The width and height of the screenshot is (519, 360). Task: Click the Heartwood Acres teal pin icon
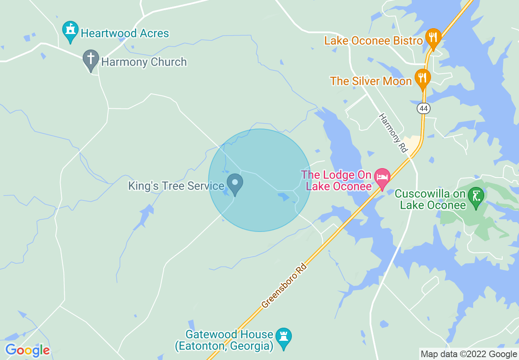pos(70,31)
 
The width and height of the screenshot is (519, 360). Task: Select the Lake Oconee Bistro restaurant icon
pos(433,38)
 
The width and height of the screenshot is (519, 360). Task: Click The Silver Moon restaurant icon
pos(422,78)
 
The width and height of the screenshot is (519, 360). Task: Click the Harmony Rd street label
pos(393,133)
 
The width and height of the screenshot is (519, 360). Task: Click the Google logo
pos(27,350)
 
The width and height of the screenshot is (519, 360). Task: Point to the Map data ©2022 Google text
pos(469,354)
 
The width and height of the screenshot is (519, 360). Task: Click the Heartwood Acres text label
pos(125,33)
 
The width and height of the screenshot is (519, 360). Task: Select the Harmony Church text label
pos(144,62)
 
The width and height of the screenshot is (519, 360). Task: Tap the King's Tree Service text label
pos(176,186)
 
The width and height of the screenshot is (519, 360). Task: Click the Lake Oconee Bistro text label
pos(373,40)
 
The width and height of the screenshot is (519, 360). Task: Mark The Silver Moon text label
pos(371,81)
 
